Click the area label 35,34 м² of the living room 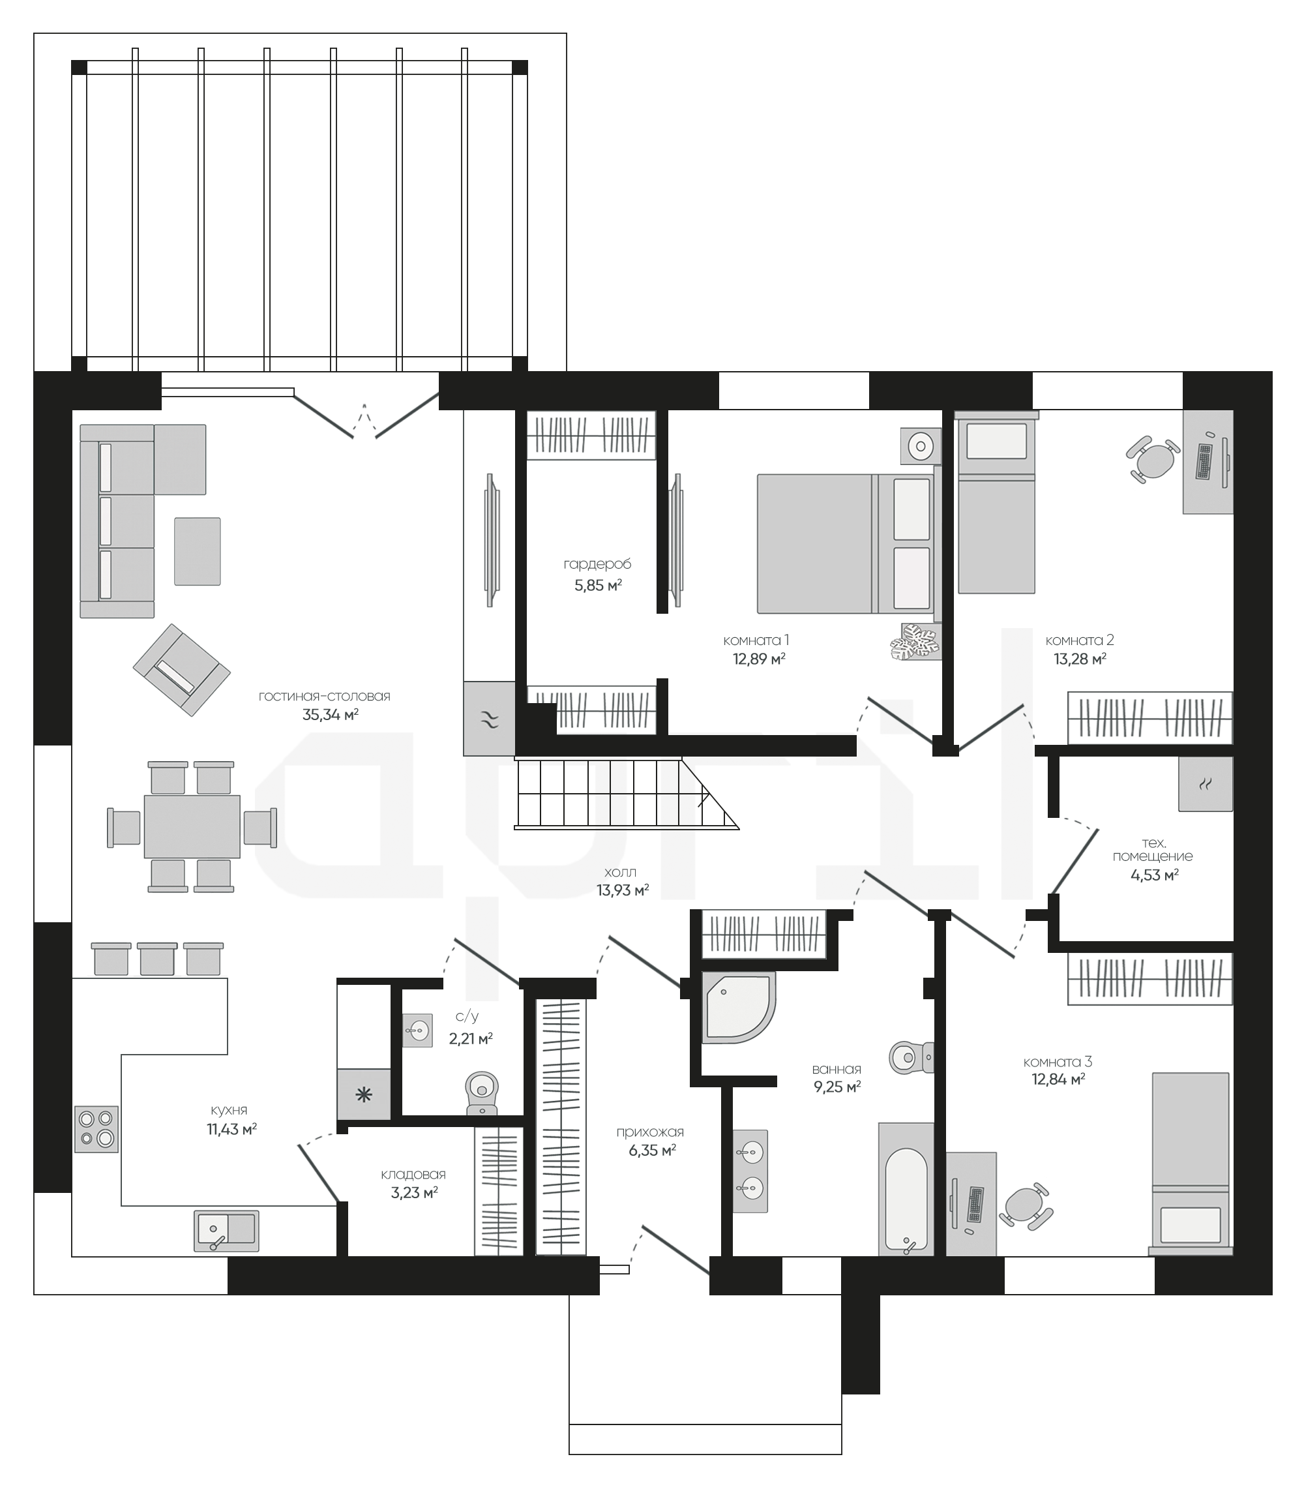[x=331, y=714]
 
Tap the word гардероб [x=597, y=564]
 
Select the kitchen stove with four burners [x=96, y=1129]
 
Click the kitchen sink [x=226, y=1231]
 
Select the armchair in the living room [x=181, y=669]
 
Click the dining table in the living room [x=192, y=826]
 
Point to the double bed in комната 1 [x=846, y=544]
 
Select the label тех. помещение [x=1153, y=850]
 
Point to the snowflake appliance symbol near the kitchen [x=364, y=1094]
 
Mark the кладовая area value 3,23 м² [x=414, y=1192]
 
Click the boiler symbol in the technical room [x=1206, y=783]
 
